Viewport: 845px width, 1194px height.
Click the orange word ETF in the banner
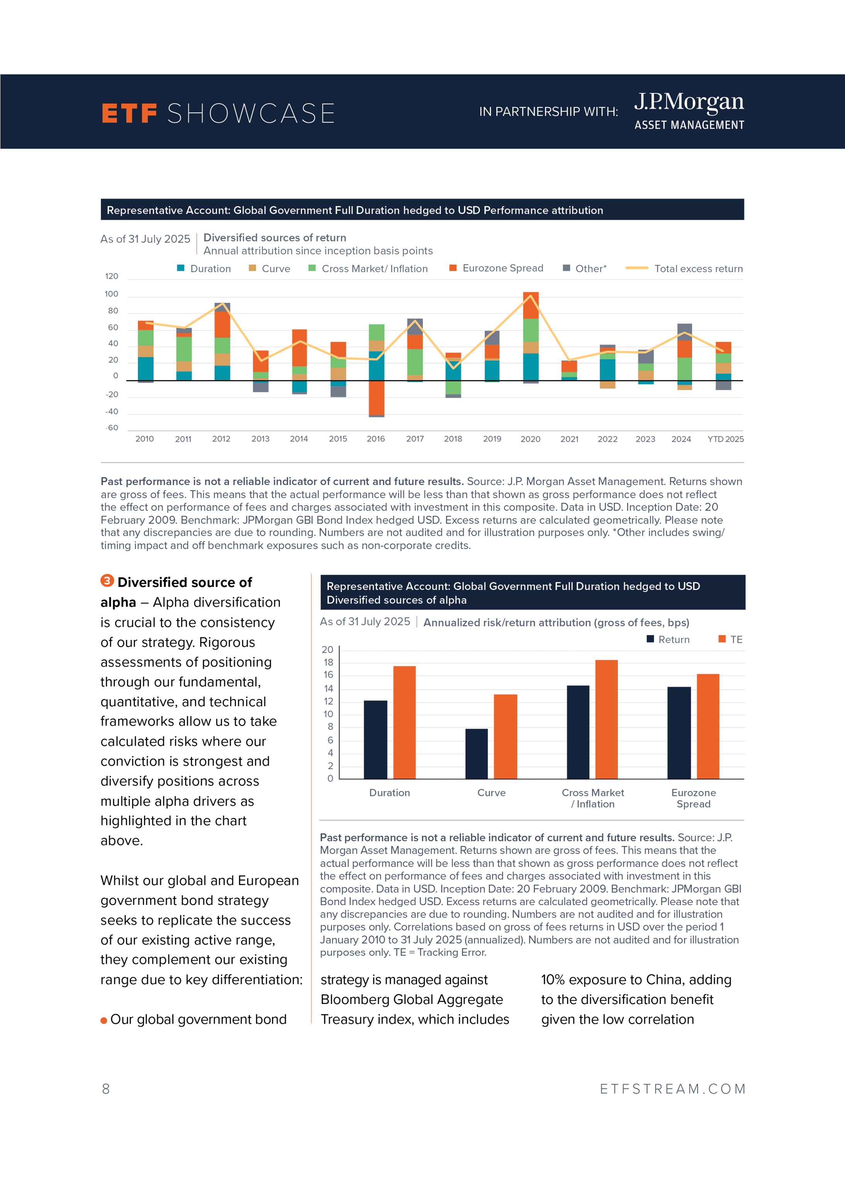click(x=129, y=114)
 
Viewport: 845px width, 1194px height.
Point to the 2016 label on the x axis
click(x=376, y=439)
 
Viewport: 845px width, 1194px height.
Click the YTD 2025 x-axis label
click(x=725, y=439)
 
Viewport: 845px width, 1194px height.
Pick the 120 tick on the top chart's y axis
click(x=111, y=276)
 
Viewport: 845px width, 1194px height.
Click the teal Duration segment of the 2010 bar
click(x=146, y=368)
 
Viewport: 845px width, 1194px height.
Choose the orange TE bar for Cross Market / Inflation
click(x=606, y=719)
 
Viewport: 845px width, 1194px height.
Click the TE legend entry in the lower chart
click(x=731, y=639)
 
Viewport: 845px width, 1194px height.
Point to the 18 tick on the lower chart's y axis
click(x=328, y=662)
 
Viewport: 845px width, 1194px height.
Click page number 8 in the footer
click(x=106, y=1089)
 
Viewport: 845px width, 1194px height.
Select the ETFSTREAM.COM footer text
click(x=672, y=1089)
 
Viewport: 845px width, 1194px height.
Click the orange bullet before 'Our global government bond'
click(x=104, y=1020)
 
